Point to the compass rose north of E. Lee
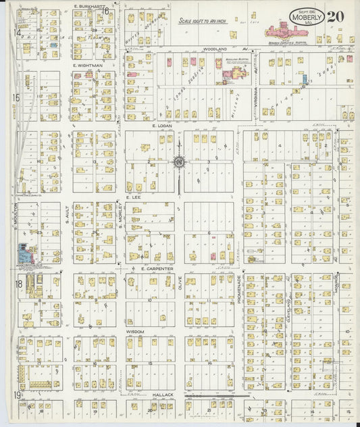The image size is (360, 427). tap(179, 162)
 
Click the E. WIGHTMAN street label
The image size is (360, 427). tap(88, 65)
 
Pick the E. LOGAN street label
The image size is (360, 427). tap(163, 126)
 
